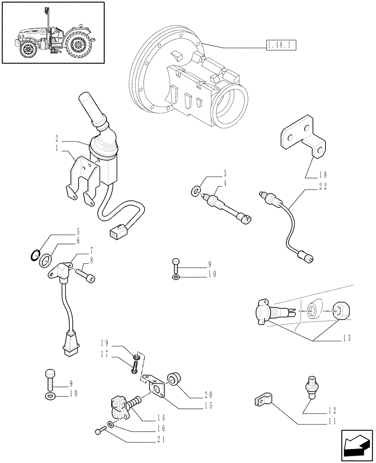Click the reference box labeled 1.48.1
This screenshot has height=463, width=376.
point(281,45)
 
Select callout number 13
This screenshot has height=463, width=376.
point(345,338)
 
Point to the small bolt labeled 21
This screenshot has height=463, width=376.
point(98,432)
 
